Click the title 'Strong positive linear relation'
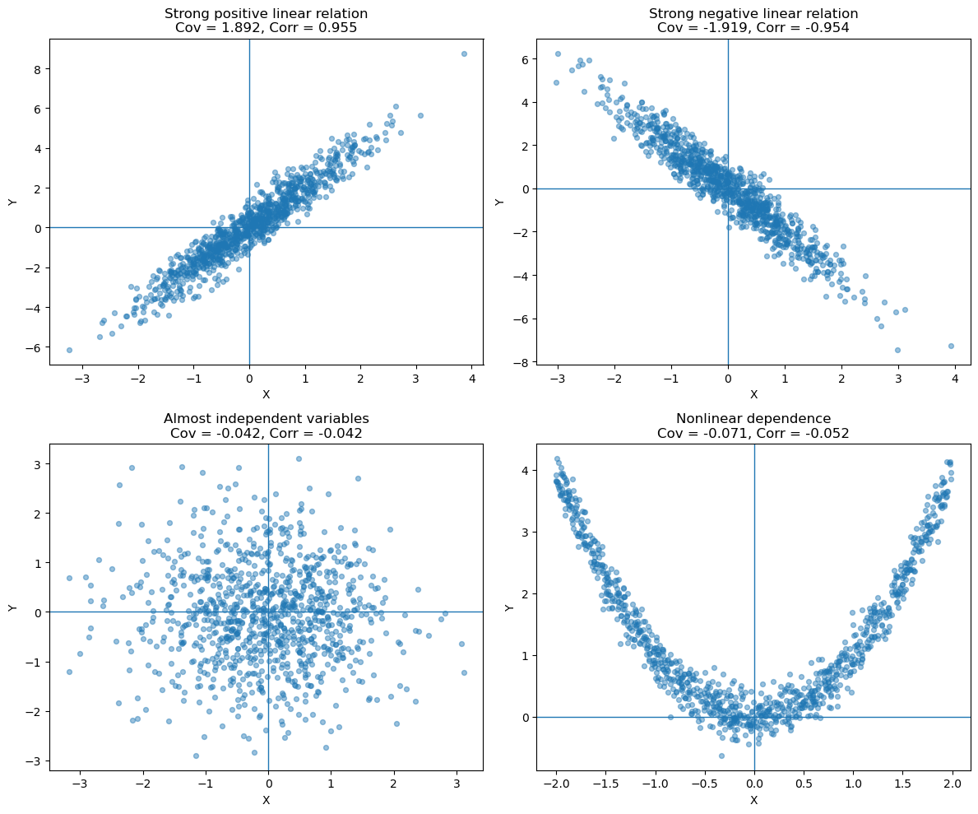(x=267, y=13)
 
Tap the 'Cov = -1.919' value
(x=695, y=27)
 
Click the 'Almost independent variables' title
(x=267, y=418)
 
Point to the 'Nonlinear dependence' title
(x=753, y=418)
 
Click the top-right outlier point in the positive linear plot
(x=464, y=54)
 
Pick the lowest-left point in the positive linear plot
(x=69, y=350)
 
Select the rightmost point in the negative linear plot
(x=951, y=346)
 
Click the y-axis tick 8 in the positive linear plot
(x=38, y=68)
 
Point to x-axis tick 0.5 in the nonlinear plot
(x=804, y=784)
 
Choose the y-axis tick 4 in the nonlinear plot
(x=526, y=471)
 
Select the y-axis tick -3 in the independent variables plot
(x=35, y=761)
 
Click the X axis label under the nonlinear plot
(x=753, y=800)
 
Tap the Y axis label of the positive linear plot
(x=12, y=202)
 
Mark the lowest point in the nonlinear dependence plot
(x=721, y=756)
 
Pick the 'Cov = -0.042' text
(x=208, y=433)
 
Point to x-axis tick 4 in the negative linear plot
(x=955, y=379)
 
